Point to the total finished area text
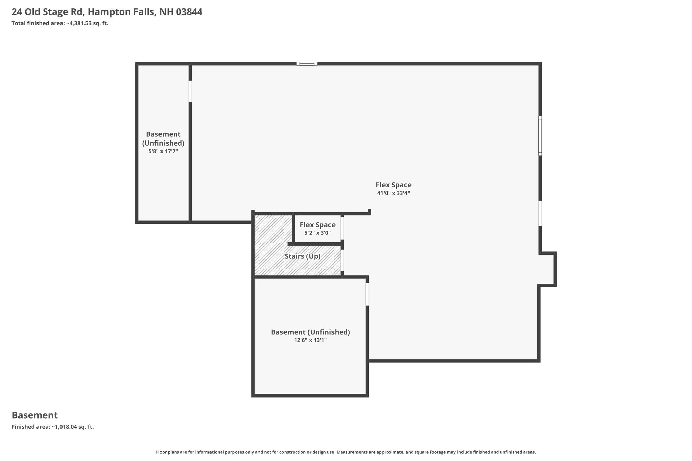[60, 23]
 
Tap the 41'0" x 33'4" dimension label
[394, 193]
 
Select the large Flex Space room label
[394, 185]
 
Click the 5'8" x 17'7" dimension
[163, 151]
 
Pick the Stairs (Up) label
[302, 256]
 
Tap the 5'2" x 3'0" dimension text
[318, 233]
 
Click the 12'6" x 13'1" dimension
[311, 340]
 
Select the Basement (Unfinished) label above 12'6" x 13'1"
[311, 332]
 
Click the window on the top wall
[307, 63]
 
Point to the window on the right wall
[540, 136]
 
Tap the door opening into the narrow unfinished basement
[190, 91]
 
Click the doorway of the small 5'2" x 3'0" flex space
[342, 228]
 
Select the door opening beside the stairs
[342, 260]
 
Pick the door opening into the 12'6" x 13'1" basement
[367, 294]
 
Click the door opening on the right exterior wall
[540, 213]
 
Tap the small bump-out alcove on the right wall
[547, 269]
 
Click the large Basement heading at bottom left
[35, 415]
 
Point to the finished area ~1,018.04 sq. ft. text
[53, 427]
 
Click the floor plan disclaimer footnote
[346, 452]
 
